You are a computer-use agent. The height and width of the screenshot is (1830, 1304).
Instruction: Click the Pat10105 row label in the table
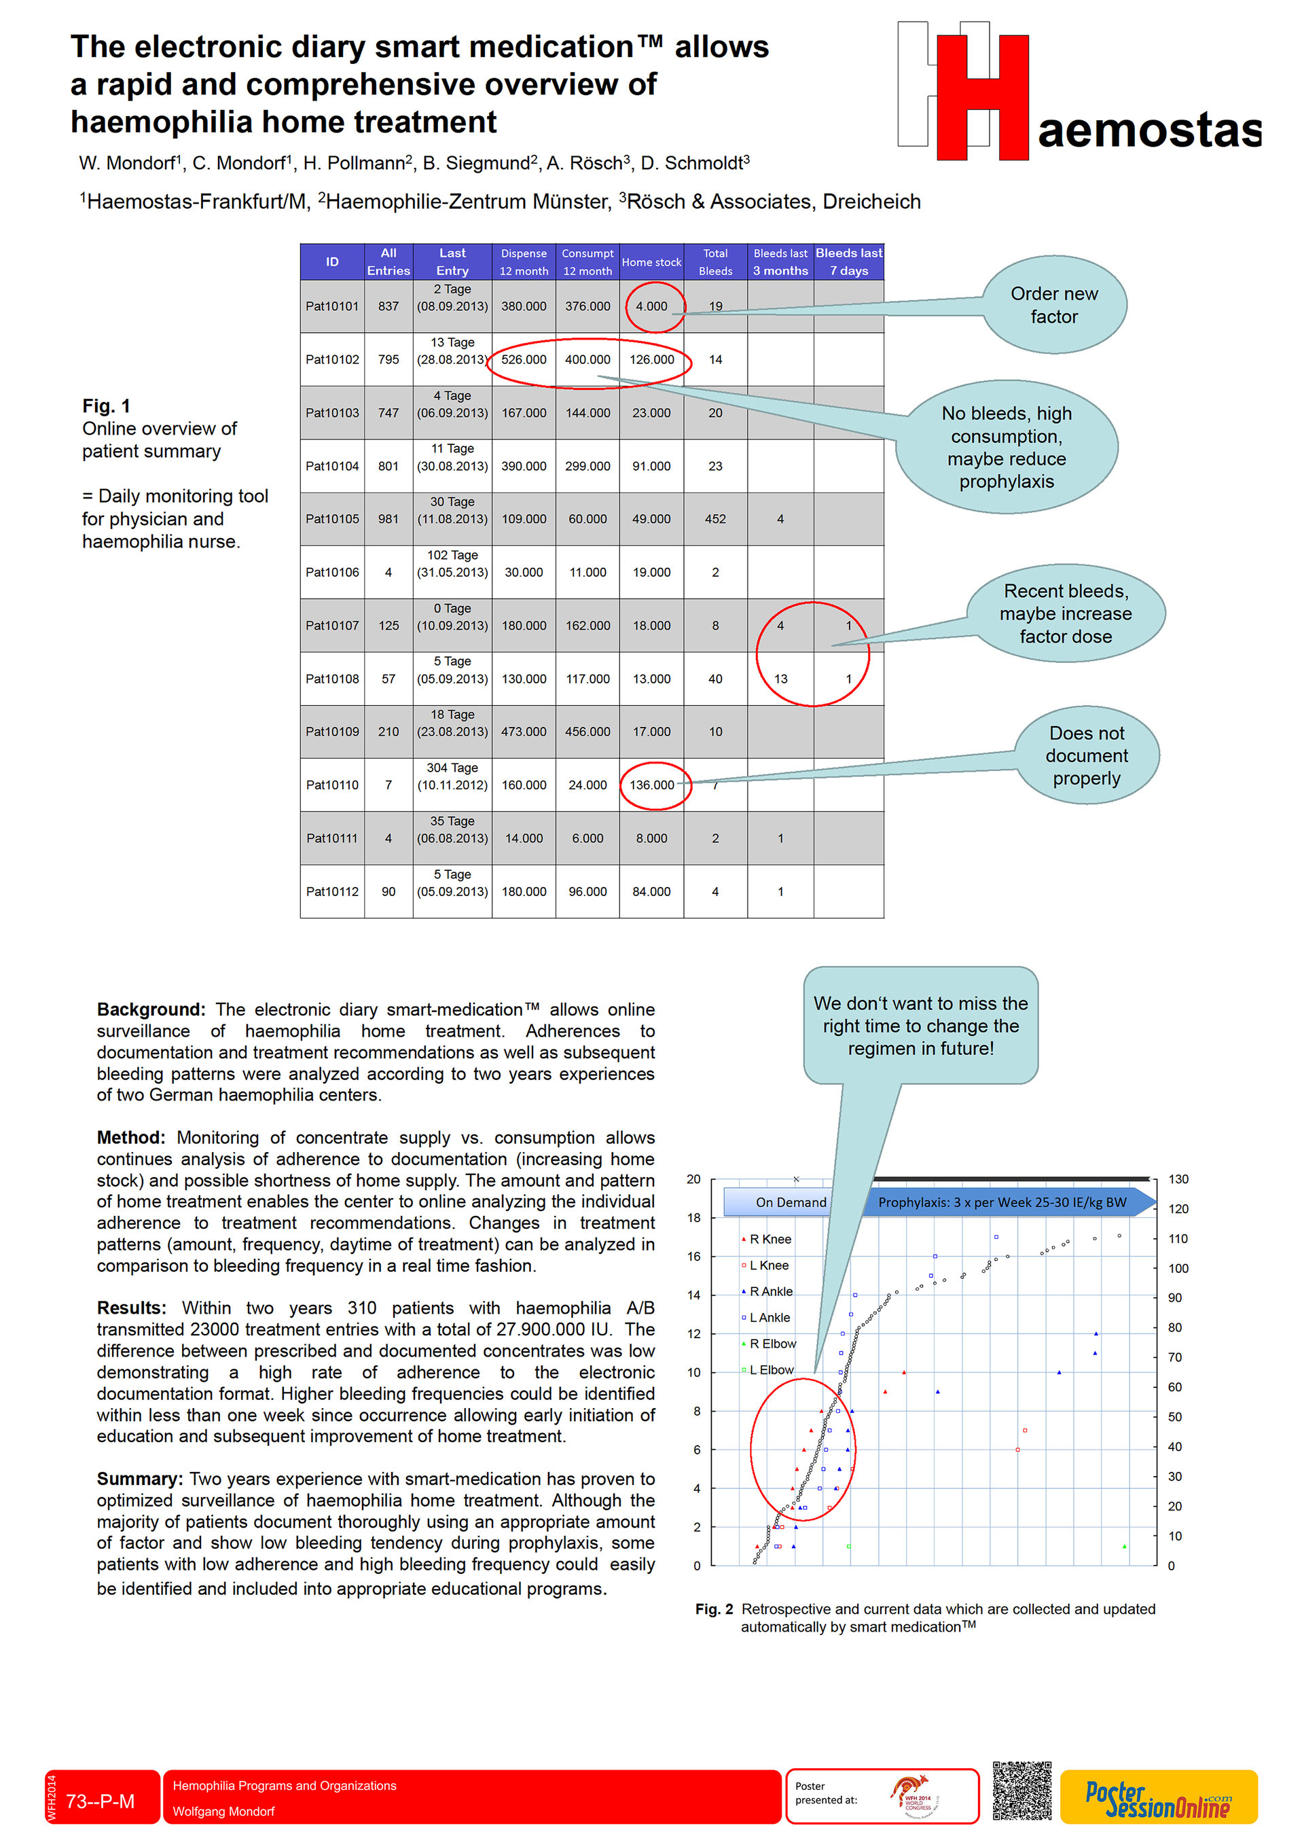tap(331, 519)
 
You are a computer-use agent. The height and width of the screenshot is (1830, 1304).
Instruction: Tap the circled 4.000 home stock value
tap(651, 306)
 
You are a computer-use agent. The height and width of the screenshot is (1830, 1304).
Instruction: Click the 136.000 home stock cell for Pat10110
tap(651, 785)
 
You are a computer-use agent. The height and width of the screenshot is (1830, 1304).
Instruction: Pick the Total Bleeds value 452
tap(714, 519)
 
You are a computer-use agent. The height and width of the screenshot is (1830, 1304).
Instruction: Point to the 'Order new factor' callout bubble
tap(1053, 305)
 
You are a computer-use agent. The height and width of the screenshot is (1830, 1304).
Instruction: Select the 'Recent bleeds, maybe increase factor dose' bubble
tap(1065, 613)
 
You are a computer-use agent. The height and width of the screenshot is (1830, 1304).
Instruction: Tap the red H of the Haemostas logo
tap(982, 97)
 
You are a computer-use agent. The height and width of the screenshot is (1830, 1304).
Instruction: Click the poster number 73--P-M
tap(101, 1801)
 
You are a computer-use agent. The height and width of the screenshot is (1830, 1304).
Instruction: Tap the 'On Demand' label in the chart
tap(790, 1202)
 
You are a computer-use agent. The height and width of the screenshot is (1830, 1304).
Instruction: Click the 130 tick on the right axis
tap(1178, 1179)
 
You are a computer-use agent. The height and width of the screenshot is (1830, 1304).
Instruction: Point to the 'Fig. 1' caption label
tap(106, 406)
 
